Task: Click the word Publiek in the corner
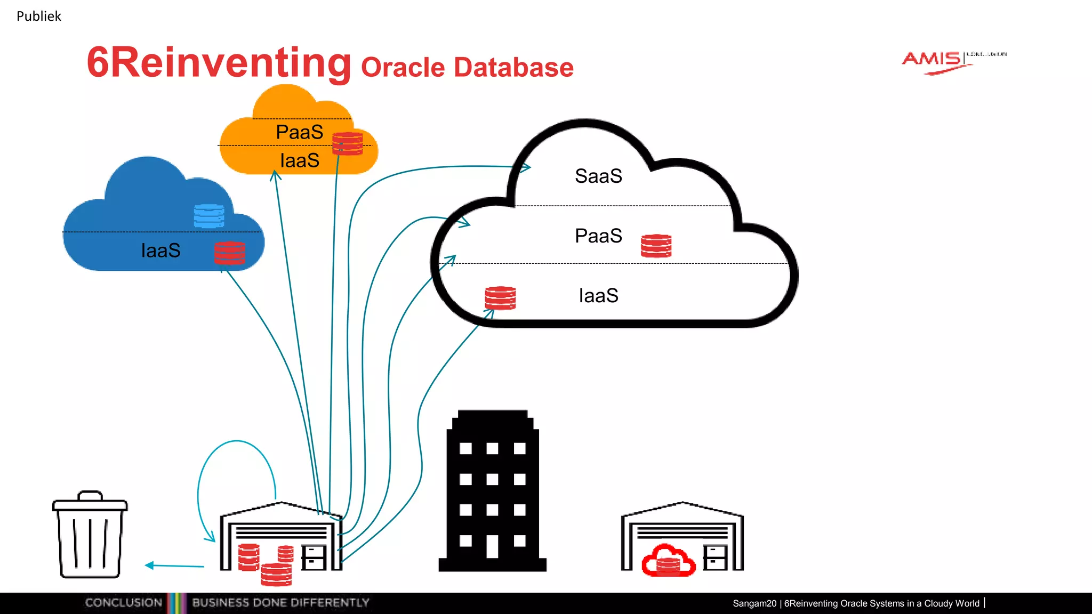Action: tap(38, 16)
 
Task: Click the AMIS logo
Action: tap(934, 60)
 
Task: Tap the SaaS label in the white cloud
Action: tap(598, 176)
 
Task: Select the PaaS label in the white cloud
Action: tap(598, 236)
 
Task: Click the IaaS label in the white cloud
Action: tap(598, 295)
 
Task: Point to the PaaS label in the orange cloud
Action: tap(299, 132)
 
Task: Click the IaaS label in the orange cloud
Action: tap(299, 160)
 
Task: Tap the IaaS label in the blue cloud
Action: tap(160, 251)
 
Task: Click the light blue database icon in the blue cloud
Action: tap(208, 216)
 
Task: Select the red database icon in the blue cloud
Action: tap(229, 253)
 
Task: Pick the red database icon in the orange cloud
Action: tap(347, 143)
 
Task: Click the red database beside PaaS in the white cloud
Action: tap(656, 246)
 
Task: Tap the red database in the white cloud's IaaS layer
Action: tap(500, 298)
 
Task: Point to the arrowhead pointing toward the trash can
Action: tap(149, 565)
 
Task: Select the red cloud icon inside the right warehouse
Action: tap(668, 560)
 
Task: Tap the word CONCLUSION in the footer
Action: tap(123, 603)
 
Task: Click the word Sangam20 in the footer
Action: tap(754, 603)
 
